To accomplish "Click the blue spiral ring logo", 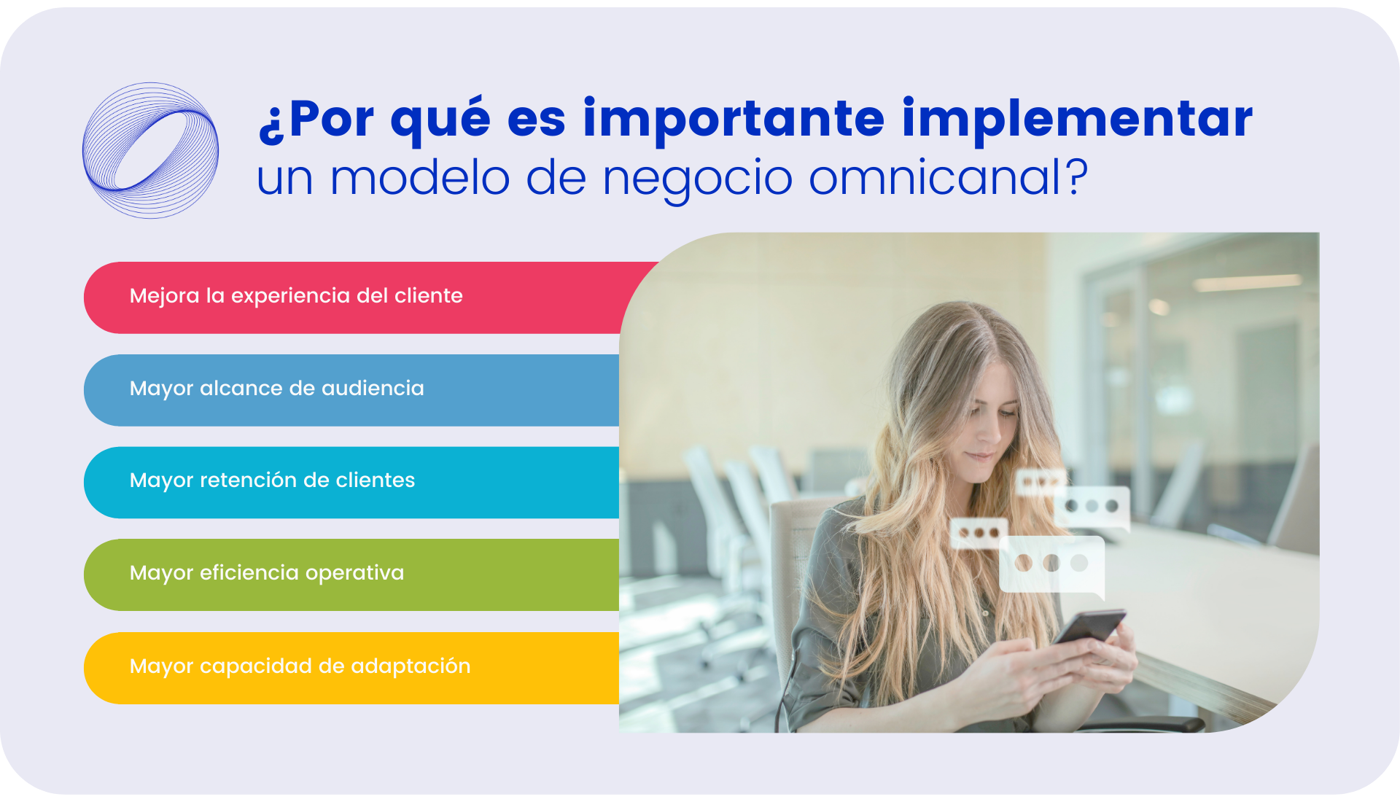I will point(150,150).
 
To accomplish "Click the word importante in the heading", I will point(733,118).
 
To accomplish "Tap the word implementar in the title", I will point(1077,118).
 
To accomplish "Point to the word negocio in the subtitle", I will point(697,179).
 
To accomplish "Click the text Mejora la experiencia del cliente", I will point(296,296).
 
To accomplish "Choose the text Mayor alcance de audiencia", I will point(277,389).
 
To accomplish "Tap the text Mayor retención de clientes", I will point(272,480).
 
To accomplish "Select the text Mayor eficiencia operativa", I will point(267,573).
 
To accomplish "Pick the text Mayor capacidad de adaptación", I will point(300,666).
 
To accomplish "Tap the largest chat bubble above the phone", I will point(1051,564).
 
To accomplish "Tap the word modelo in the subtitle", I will point(419,177).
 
